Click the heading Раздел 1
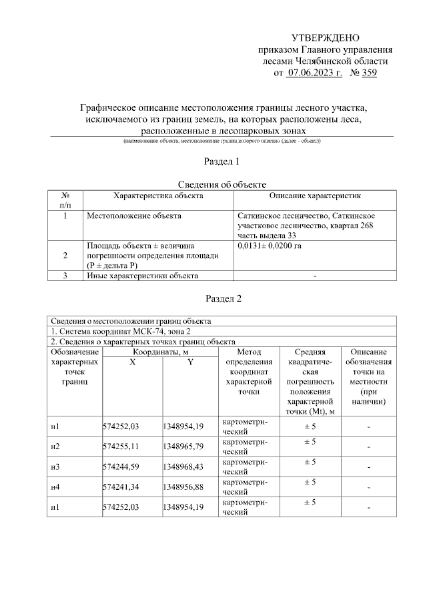pos(221,162)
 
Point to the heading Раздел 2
pos(221,298)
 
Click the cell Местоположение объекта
pos(134,216)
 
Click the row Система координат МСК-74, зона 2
pos(121,332)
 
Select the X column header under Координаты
pos(131,362)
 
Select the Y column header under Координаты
pos(189,362)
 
